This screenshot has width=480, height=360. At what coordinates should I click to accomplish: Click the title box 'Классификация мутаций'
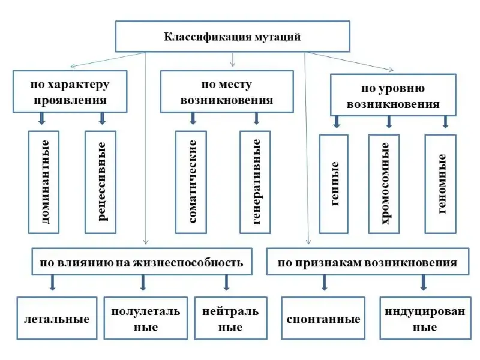pos(232,37)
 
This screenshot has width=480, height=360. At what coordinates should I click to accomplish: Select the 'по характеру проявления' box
pos(70,92)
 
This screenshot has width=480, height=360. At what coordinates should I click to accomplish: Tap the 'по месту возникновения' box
pos(226,92)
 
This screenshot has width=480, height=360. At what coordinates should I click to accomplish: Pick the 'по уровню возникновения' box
pos(393,95)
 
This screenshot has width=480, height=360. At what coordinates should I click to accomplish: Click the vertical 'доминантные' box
pos(44,182)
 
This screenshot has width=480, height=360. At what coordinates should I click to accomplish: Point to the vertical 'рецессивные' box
pos(101,182)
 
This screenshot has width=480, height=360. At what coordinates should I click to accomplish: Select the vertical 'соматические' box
pos(191,182)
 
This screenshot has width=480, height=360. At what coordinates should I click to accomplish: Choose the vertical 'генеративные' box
pos(256,182)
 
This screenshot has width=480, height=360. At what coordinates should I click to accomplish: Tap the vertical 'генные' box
pos(334,184)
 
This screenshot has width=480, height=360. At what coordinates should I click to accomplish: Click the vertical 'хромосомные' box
pos(384,184)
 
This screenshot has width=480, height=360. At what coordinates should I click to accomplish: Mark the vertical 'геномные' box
pos(440,184)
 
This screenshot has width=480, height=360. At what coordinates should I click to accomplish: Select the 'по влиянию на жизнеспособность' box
pos(142,262)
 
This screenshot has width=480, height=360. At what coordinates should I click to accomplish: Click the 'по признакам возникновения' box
pos(367,262)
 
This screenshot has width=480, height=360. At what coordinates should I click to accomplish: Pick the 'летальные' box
pos(56,319)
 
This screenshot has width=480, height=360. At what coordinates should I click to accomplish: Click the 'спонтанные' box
pos(323,319)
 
